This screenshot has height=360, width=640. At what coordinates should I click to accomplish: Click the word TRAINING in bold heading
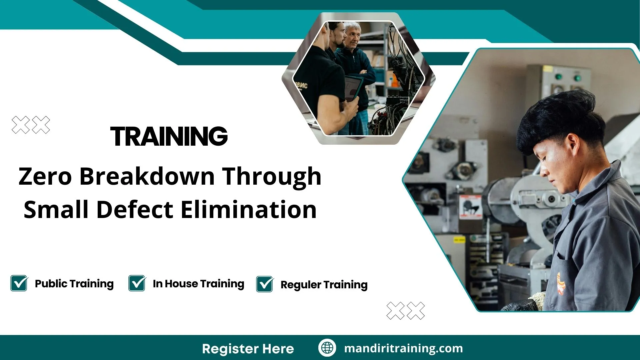click(x=169, y=136)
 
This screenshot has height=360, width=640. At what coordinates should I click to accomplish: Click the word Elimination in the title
click(x=249, y=210)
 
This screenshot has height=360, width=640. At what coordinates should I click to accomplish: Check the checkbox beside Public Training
click(x=19, y=283)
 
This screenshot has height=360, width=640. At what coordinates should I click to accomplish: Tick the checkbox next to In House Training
click(x=137, y=283)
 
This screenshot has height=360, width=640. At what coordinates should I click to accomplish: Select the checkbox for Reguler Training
click(x=265, y=284)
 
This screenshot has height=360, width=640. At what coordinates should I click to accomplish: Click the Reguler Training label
click(x=324, y=285)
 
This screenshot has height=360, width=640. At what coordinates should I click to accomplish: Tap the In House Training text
click(x=198, y=284)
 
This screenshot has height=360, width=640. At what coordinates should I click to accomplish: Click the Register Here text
click(x=248, y=349)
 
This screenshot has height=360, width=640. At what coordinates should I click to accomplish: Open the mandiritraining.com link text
click(x=403, y=348)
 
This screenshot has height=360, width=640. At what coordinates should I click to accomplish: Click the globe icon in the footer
click(x=327, y=348)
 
